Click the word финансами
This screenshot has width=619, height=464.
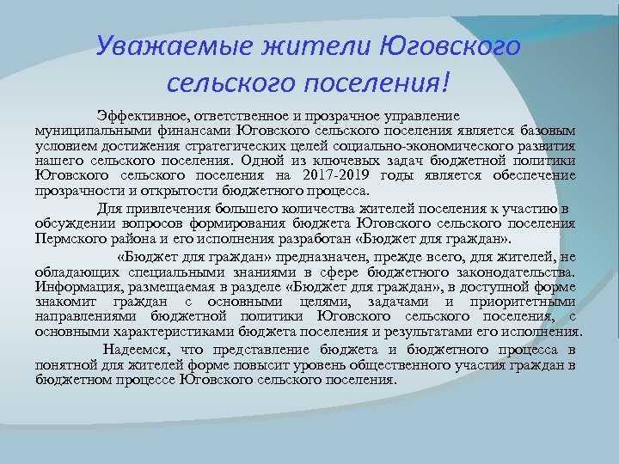click(x=187, y=129)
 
